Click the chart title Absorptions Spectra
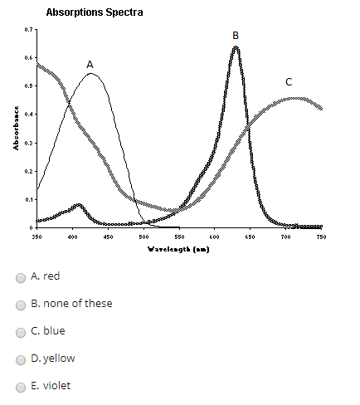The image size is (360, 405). [x=94, y=13]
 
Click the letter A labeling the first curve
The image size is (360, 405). [x=90, y=64]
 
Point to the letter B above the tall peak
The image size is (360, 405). [x=236, y=35]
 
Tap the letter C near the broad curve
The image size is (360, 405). [x=289, y=82]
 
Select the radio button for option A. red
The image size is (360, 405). [x=21, y=276]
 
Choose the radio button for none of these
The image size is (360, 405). [x=21, y=304]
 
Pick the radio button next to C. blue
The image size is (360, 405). [x=21, y=331]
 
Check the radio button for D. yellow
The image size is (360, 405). [x=21, y=359]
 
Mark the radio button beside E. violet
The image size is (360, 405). [x=21, y=386]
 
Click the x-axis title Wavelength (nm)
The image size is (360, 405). [x=178, y=248]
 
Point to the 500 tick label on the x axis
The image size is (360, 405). [x=144, y=237]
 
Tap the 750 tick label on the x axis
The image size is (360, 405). [x=321, y=237]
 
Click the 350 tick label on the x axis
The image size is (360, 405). [x=36, y=237]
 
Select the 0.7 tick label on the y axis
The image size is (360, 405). [x=29, y=30]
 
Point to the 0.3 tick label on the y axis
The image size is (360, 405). [x=29, y=143]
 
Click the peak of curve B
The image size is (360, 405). [x=236, y=47]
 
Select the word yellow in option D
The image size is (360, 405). [x=60, y=359]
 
